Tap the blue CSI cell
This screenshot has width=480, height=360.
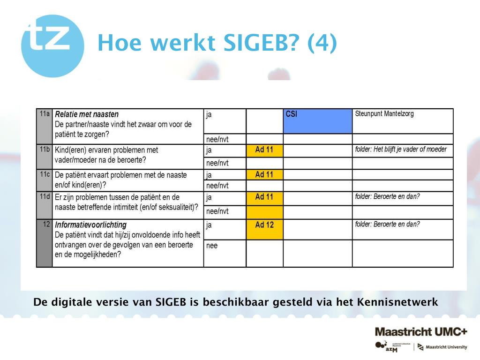pyautogui.click(x=317, y=121)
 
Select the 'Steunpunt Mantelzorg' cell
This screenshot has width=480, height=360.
pyautogui.click(x=384, y=114)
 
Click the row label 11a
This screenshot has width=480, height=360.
pyautogui.click(x=45, y=114)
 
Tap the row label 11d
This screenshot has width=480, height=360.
pyautogui.click(x=45, y=196)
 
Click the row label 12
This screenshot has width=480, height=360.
pyautogui.click(x=46, y=224)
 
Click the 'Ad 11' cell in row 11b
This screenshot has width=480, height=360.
pyautogui.click(x=264, y=150)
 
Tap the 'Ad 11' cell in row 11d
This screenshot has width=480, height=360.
pyautogui.click(x=264, y=197)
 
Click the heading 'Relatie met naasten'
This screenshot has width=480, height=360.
pyautogui.click(x=87, y=114)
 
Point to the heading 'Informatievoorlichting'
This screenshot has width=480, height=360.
pyautogui.click(x=90, y=225)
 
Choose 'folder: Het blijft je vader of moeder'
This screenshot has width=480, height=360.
pyautogui.click(x=401, y=150)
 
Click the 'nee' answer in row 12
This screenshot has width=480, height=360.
pyautogui.click(x=212, y=246)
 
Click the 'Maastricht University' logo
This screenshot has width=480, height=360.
pyautogui.click(x=442, y=347)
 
